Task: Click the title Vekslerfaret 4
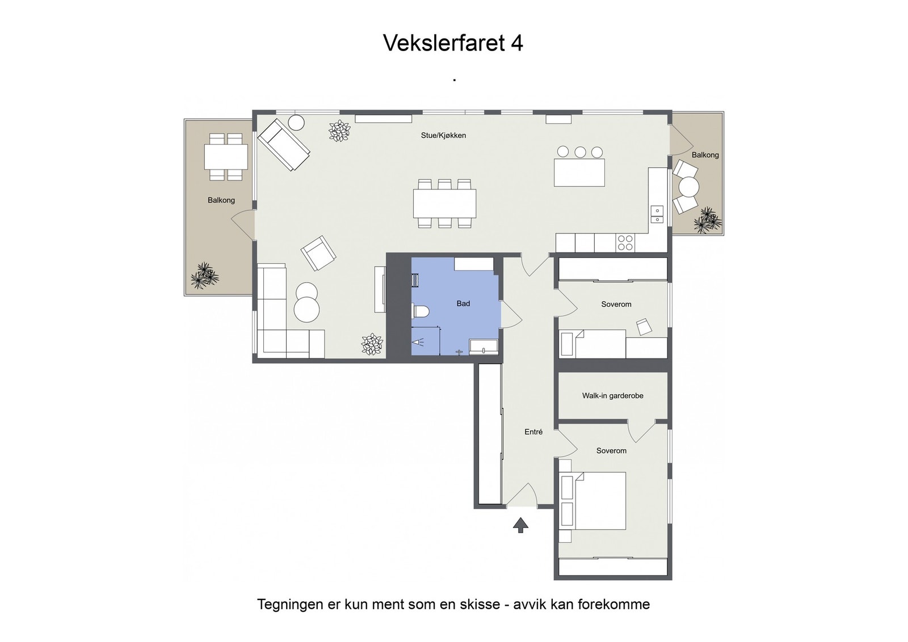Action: click(x=453, y=43)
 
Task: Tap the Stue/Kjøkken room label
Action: click(x=443, y=136)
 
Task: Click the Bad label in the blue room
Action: click(x=463, y=303)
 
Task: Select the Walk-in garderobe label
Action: click(x=612, y=396)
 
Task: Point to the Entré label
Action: click(x=533, y=432)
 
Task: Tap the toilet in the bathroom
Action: click(x=421, y=311)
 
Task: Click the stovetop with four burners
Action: click(x=625, y=243)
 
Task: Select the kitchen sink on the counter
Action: click(x=657, y=214)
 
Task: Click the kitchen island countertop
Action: click(x=579, y=172)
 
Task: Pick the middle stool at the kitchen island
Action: click(x=580, y=152)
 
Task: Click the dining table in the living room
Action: click(x=444, y=203)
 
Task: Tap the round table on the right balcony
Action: click(x=689, y=187)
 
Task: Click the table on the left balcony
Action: click(x=226, y=157)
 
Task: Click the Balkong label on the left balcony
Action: click(x=221, y=200)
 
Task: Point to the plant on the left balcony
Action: click(x=204, y=276)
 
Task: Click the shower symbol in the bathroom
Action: click(x=419, y=342)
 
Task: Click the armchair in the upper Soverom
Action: click(x=645, y=327)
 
